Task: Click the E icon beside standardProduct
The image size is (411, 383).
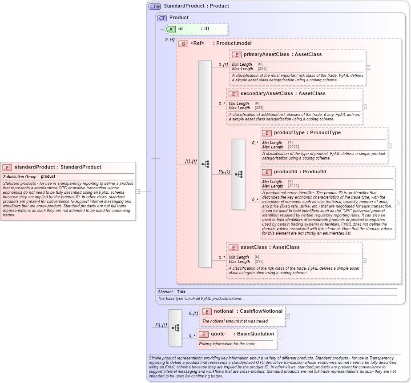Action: click(x=7, y=168)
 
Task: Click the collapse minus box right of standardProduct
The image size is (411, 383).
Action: click(x=138, y=191)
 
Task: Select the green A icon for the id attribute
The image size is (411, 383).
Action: click(x=171, y=29)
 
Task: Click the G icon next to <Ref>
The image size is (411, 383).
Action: click(x=183, y=44)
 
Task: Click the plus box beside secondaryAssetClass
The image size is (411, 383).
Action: click(x=365, y=107)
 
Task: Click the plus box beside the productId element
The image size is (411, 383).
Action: click(x=397, y=203)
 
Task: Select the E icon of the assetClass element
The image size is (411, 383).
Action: click(x=233, y=247)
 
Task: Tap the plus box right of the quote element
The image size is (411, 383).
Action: click(x=279, y=339)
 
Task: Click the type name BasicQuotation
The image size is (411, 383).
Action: click(x=255, y=334)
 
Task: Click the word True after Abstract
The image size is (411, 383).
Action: click(x=181, y=292)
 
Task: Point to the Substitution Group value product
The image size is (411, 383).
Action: click(x=48, y=177)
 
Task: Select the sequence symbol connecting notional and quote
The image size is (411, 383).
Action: click(x=175, y=327)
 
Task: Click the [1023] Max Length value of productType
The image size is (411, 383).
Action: click(x=293, y=147)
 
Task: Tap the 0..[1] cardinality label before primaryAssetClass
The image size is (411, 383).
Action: click(x=223, y=65)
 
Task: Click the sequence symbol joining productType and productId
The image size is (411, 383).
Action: click(x=238, y=174)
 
